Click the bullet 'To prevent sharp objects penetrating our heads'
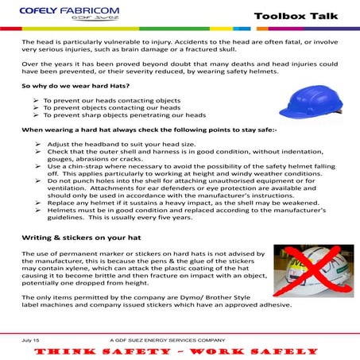point(119,114)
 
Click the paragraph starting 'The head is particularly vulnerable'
point(175,45)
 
